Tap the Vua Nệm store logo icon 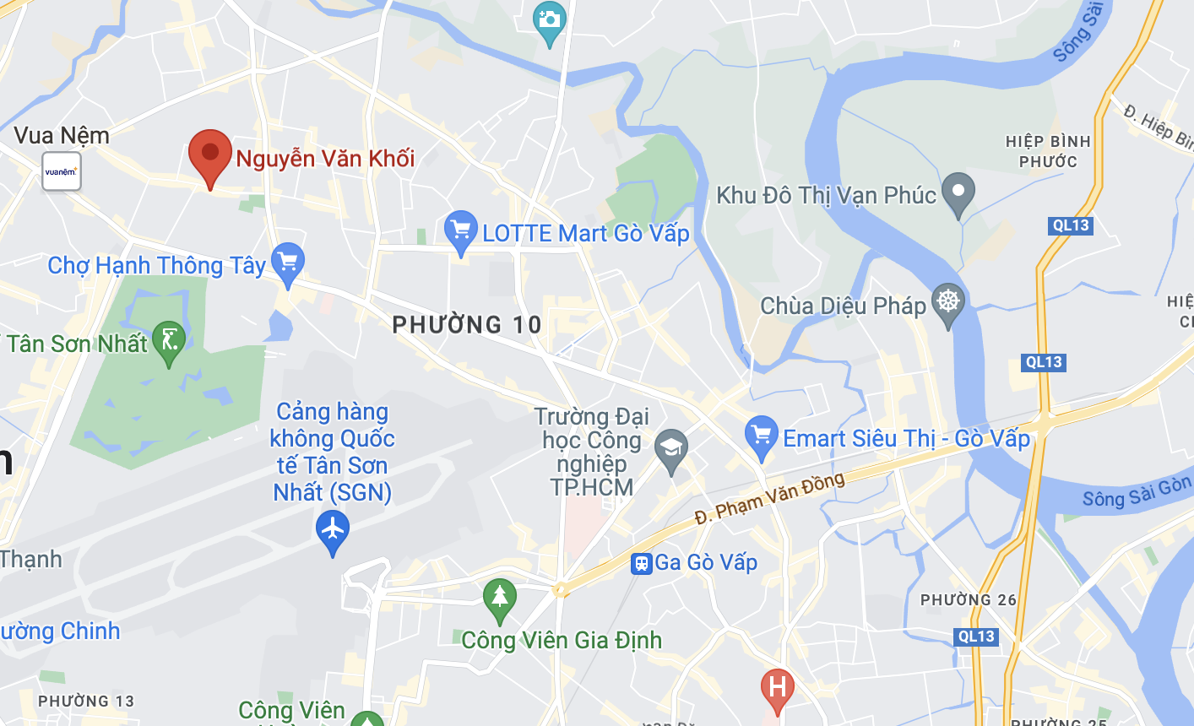pyautogui.click(x=62, y=171)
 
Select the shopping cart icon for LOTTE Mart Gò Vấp pyautogui.click(x=460, y=230)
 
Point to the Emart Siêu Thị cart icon pyautogui.click(x=762, y=436)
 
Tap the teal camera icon pyautogui.click(x=550, y=19)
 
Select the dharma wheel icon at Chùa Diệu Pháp pyautogui.click(x=948, y=301)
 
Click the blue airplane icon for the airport pyautogui.click(x=333, y=530)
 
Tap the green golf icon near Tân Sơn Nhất pyautogui.click(x=169, y=341)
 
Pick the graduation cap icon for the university pyautogui.click(x=671, y=447)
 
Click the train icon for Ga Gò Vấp pyautogui.click(x=642, y=563)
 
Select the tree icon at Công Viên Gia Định pyautogui.click(x=499, y=597)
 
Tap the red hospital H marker pyautogui.click(x=777, y=687)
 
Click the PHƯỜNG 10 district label pyautogui.click(x=467, y=325)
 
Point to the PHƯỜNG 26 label pyautogui.click(x=969, y=600)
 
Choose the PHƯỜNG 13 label pyautogui.click(x=86, y=701)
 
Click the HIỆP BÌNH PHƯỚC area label pyautogui.click(x=1048, y=151)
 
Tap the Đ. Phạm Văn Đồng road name pyautogui.click(x=769, y=497)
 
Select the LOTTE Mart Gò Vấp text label pyautogui.click(x=586, y=233)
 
